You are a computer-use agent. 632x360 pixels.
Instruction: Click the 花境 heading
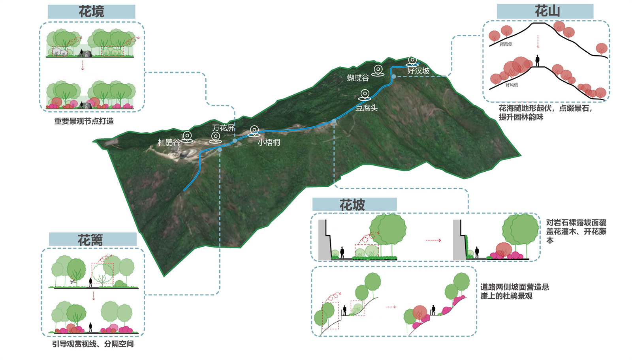click(91, 11)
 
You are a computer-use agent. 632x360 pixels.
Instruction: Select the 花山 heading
click(547, 11)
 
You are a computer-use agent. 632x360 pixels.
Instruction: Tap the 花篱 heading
click(90, 240)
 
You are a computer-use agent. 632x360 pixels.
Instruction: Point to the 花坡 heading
click(352, 205)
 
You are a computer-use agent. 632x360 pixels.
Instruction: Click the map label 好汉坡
click(418, 71)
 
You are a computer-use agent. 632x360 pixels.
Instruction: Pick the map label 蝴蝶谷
click(358, 78)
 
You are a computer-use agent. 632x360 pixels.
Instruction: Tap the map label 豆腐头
click(366, 108)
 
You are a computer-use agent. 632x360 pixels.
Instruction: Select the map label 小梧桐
click(269, 142)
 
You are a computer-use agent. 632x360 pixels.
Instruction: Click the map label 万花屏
click(223, 128)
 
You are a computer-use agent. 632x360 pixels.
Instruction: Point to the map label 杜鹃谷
click(169, 142)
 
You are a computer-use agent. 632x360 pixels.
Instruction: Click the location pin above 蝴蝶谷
click(378, 70)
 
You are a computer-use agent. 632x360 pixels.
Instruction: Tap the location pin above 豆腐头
click(365, 95)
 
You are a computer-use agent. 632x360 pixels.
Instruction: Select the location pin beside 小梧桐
click(254, 131)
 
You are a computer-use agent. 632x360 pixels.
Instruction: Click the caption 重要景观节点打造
click(84, 121)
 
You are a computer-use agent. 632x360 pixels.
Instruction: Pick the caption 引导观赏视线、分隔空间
click(93, 344)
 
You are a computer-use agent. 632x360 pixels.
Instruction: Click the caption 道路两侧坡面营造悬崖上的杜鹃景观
click(514, 291)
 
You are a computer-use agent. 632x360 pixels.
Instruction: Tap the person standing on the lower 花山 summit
click(537, 61)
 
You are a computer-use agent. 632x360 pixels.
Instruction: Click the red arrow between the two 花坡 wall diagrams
click(433, 240)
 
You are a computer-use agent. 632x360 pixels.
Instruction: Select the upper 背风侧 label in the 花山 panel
click(506, 44)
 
